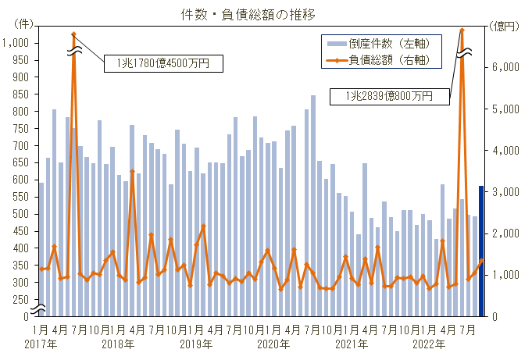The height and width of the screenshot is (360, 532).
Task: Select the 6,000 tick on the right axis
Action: tap(507, 68)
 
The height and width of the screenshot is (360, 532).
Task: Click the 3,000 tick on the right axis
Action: tap(507, 192)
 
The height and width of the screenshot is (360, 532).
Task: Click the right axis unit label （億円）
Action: tap(505, 26)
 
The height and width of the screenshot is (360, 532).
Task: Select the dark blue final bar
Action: tap(481, 251)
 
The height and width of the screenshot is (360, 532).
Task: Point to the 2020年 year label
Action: tap(273, 344)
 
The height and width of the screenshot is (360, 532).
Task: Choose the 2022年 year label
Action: tap(429, 344)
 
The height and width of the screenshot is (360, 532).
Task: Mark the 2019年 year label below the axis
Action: tap(196, 344)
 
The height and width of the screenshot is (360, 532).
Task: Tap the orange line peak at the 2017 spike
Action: tap(73, 34)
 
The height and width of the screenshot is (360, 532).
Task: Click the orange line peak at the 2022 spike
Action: tap(462, 30)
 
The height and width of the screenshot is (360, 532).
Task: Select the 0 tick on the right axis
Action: tap(496, 316)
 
